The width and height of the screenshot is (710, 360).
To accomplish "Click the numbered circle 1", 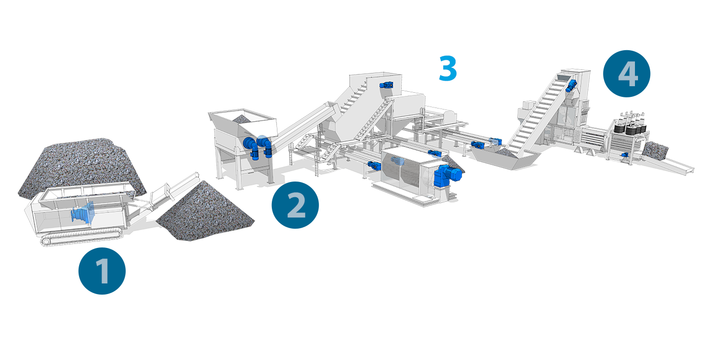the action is click(102, 271).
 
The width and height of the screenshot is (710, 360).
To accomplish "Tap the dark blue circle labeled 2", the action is click(295, 205).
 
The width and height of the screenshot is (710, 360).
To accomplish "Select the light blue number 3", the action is click(448, 68).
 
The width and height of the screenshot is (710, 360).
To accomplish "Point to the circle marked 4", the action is click(627, 74).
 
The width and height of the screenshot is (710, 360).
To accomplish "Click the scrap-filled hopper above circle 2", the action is click(242, 124).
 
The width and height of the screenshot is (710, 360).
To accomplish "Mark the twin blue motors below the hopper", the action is click(258, 147).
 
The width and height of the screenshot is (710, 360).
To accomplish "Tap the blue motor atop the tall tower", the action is click(386, 85).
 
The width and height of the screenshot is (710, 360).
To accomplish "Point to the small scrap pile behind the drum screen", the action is click(455, 163).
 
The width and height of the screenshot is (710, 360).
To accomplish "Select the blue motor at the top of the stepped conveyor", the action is click(571, 86).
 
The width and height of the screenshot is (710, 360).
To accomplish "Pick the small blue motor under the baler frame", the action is click(624, 155).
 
